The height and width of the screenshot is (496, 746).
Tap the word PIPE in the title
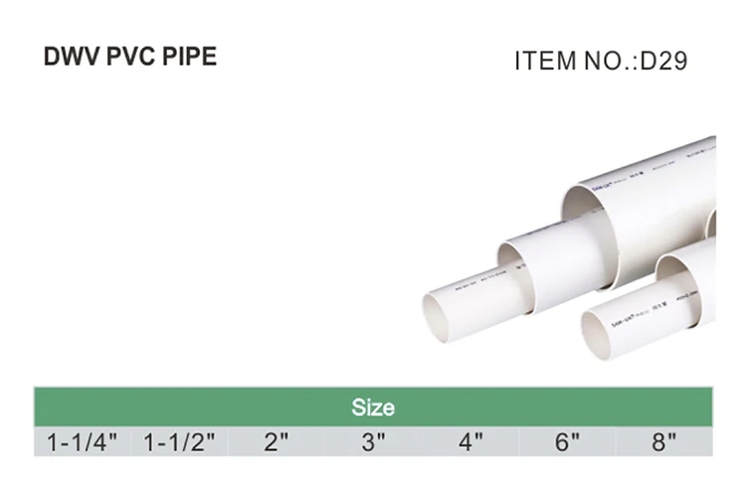(x=190, y=57)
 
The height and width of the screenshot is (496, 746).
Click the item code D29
(x=662, y=62)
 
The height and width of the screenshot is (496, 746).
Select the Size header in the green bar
(x=373, y=408)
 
